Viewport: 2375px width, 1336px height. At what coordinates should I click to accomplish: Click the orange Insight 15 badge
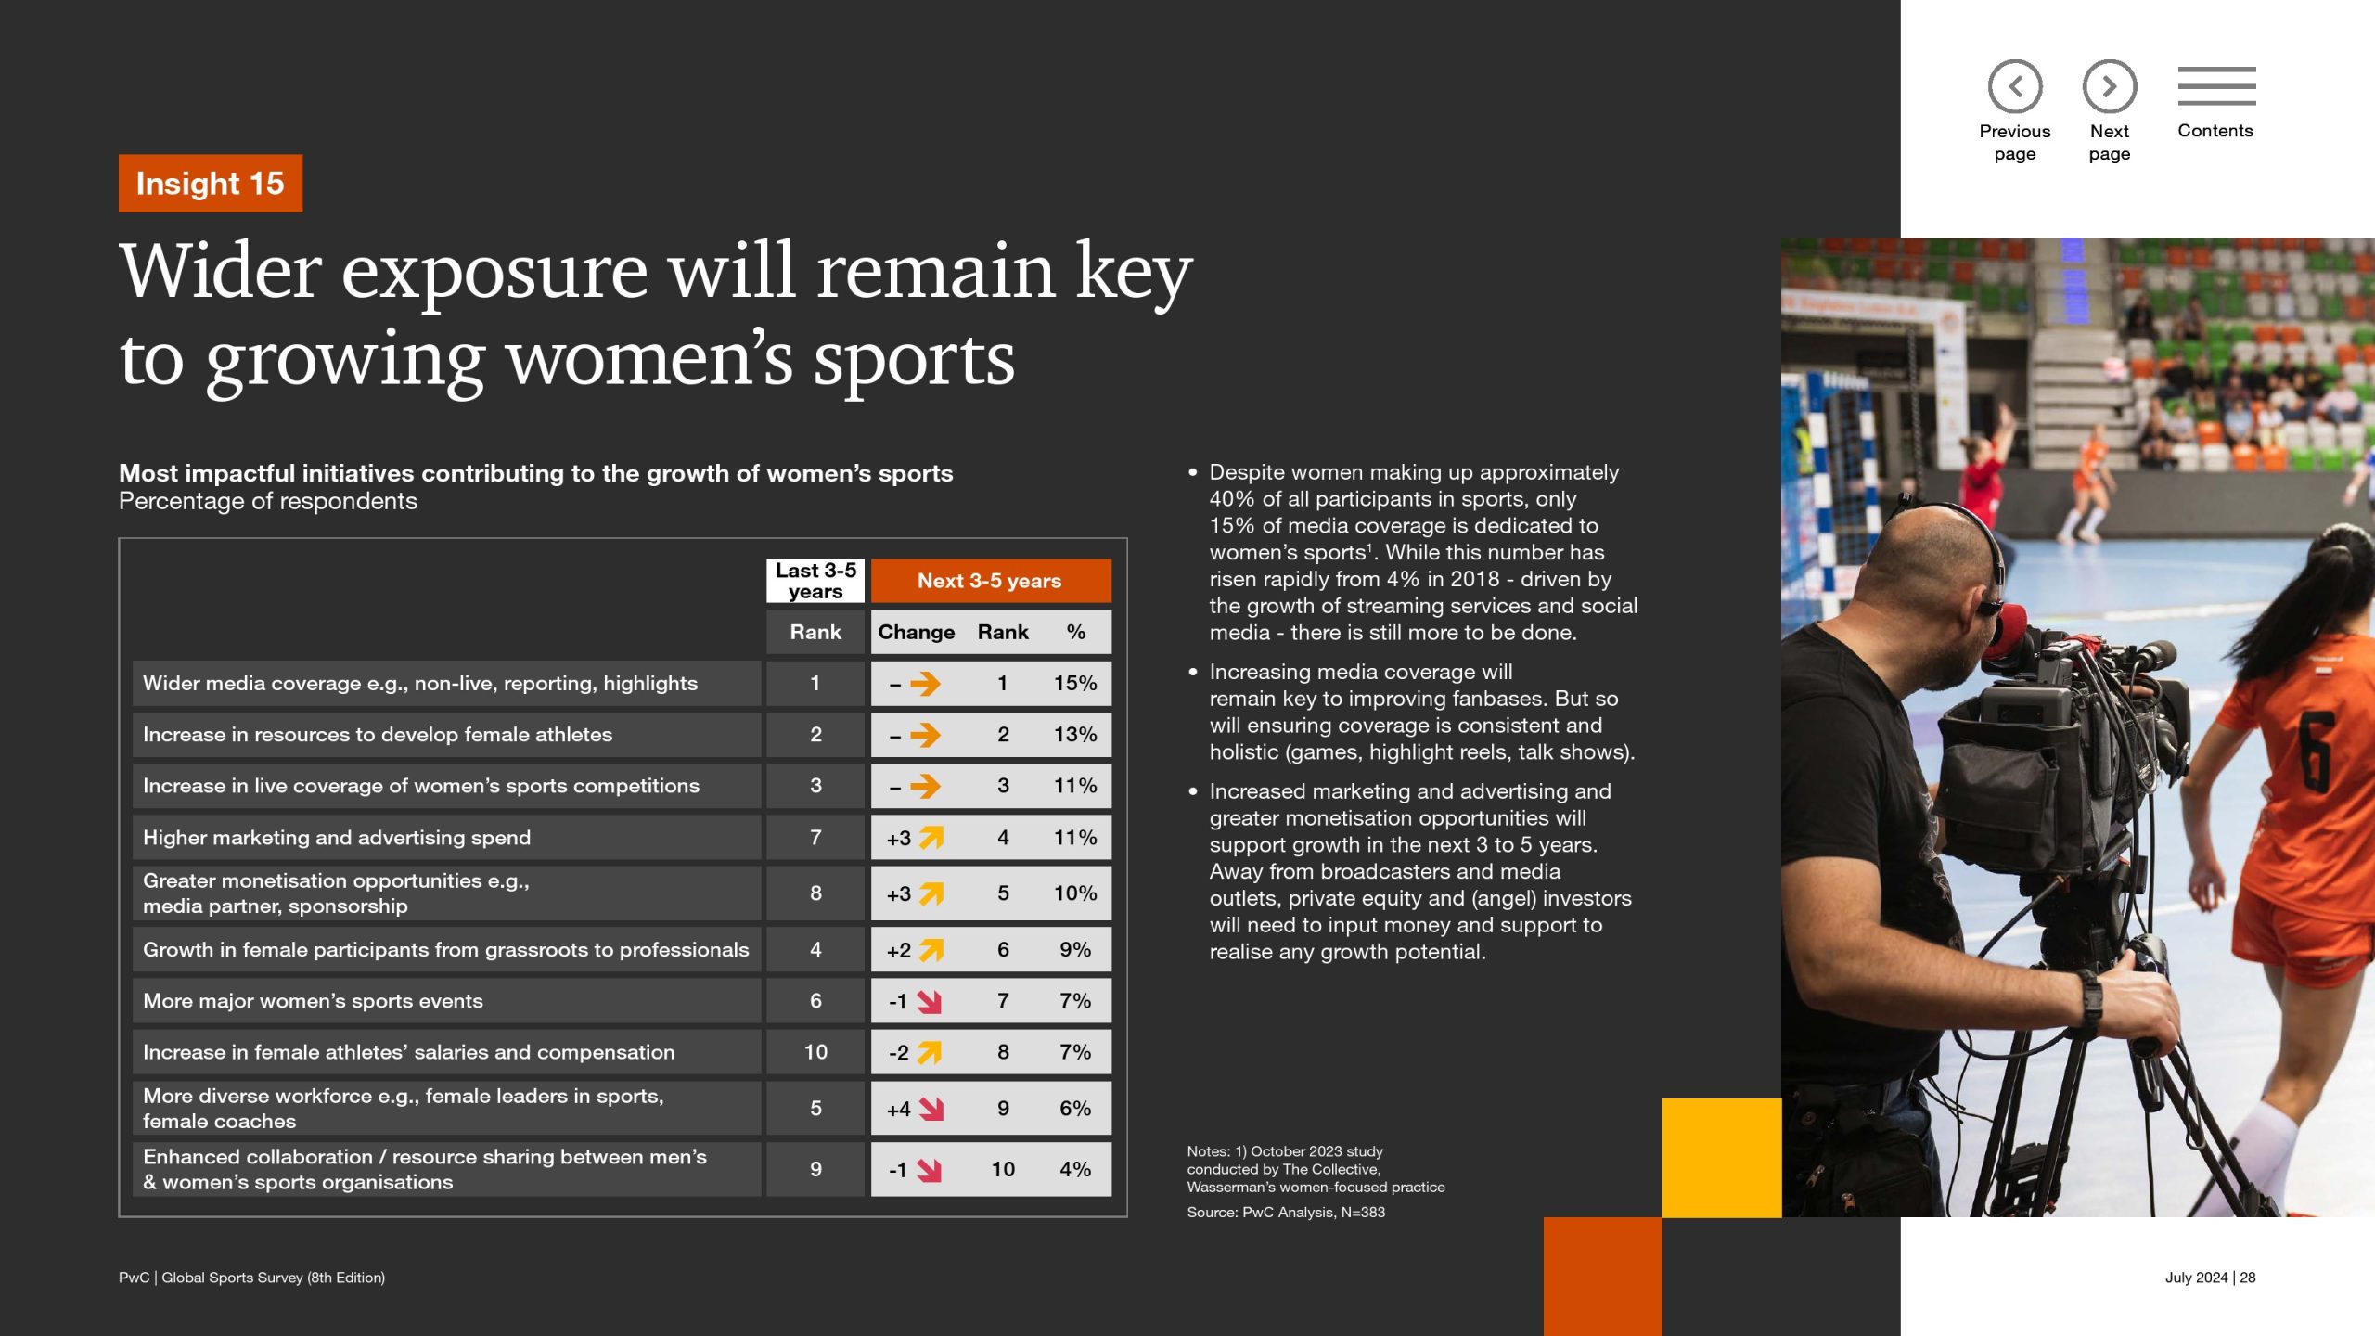tap(211, 183)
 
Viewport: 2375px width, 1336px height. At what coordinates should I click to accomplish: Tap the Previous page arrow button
tap(2015, 86)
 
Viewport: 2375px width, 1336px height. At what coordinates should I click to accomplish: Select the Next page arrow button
tap(2110, 86)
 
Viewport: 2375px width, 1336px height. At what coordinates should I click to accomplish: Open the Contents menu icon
tap(2216, 85)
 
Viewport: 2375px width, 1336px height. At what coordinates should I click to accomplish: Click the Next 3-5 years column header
tap(990, 581)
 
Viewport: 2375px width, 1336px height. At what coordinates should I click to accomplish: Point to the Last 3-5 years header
tap(815, 581)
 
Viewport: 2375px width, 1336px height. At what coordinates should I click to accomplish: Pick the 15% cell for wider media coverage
tap(1075, 683)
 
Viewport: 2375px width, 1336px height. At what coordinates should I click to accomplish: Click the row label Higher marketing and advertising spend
tap(337, 837)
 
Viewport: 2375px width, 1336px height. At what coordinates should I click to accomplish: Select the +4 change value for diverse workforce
tap(898, 1109)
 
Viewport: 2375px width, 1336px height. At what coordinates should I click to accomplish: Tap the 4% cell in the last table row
tap(1075, 1169)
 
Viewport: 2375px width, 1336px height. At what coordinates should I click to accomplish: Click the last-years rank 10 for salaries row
tap(815, 1052)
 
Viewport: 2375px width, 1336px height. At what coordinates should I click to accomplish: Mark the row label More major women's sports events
tap(313, 1001)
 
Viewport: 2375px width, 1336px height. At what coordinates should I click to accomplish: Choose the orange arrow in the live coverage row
tap(925, 786)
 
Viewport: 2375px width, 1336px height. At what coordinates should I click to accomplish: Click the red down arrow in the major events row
tap(929, 1002)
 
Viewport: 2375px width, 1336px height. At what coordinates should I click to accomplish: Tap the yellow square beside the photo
tap(1722, 1158)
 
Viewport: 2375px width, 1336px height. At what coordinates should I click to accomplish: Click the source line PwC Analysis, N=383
tap(1286, 1212)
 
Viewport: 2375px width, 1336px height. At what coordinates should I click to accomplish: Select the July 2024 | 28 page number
tap(2210, 1278)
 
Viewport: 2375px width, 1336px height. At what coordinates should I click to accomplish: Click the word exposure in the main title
tap(494, 271)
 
